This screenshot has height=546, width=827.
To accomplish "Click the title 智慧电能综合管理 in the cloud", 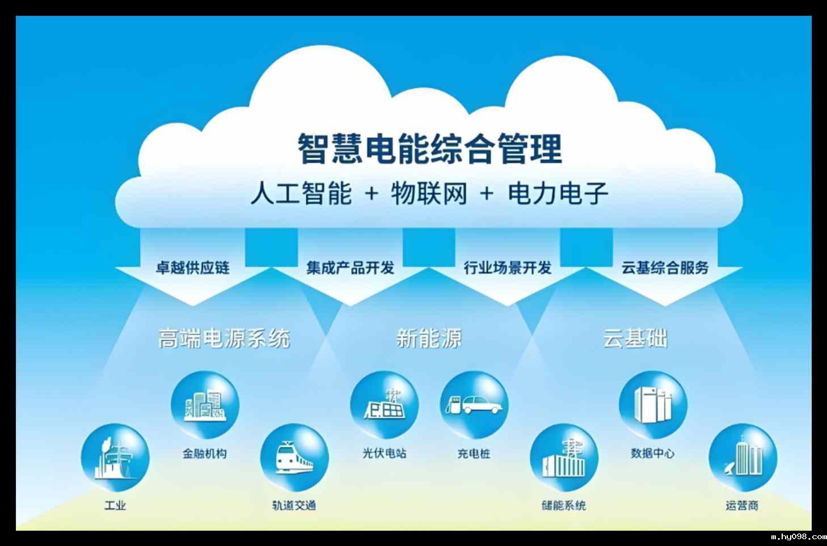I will coord(429,149).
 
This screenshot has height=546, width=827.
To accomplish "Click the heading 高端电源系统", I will coord(224,338).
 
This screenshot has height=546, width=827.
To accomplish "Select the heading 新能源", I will coord(429,338).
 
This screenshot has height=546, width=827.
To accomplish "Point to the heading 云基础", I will coord(635,338).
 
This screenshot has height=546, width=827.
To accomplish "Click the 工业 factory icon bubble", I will coord(115,458).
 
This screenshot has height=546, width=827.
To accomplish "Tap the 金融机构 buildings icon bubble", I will coord(205,405).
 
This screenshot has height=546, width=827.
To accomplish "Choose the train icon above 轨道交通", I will coord(294,458).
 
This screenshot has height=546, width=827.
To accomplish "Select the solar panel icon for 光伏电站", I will coord(385,405).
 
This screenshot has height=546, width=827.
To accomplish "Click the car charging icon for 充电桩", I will coord(474,405).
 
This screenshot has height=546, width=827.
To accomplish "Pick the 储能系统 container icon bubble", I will coord(564,458).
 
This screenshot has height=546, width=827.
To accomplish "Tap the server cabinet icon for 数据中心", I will coord(653,405).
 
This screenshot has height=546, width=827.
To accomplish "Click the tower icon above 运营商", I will coord(742,458).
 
